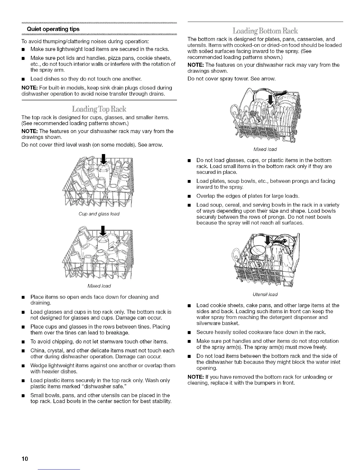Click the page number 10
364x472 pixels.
pyautogui.click(x=25, y=459)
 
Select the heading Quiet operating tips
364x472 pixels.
pyautogui.click(x=53, y=29)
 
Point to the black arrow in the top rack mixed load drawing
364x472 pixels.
pyautogui.click(x=103, y=231)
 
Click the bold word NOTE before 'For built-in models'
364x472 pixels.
pyautogui.click(x=29, y=88)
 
